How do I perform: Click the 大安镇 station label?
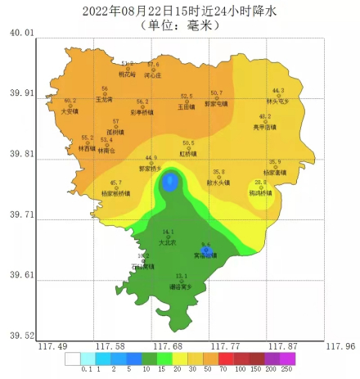70,111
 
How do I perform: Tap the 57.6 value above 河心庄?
153,64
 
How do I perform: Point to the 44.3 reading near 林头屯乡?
278,91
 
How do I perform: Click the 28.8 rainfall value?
260,182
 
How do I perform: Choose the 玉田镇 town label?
187,106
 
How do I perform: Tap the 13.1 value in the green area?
182,276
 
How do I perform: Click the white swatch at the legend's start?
73,359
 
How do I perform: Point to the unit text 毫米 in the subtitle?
198,25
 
